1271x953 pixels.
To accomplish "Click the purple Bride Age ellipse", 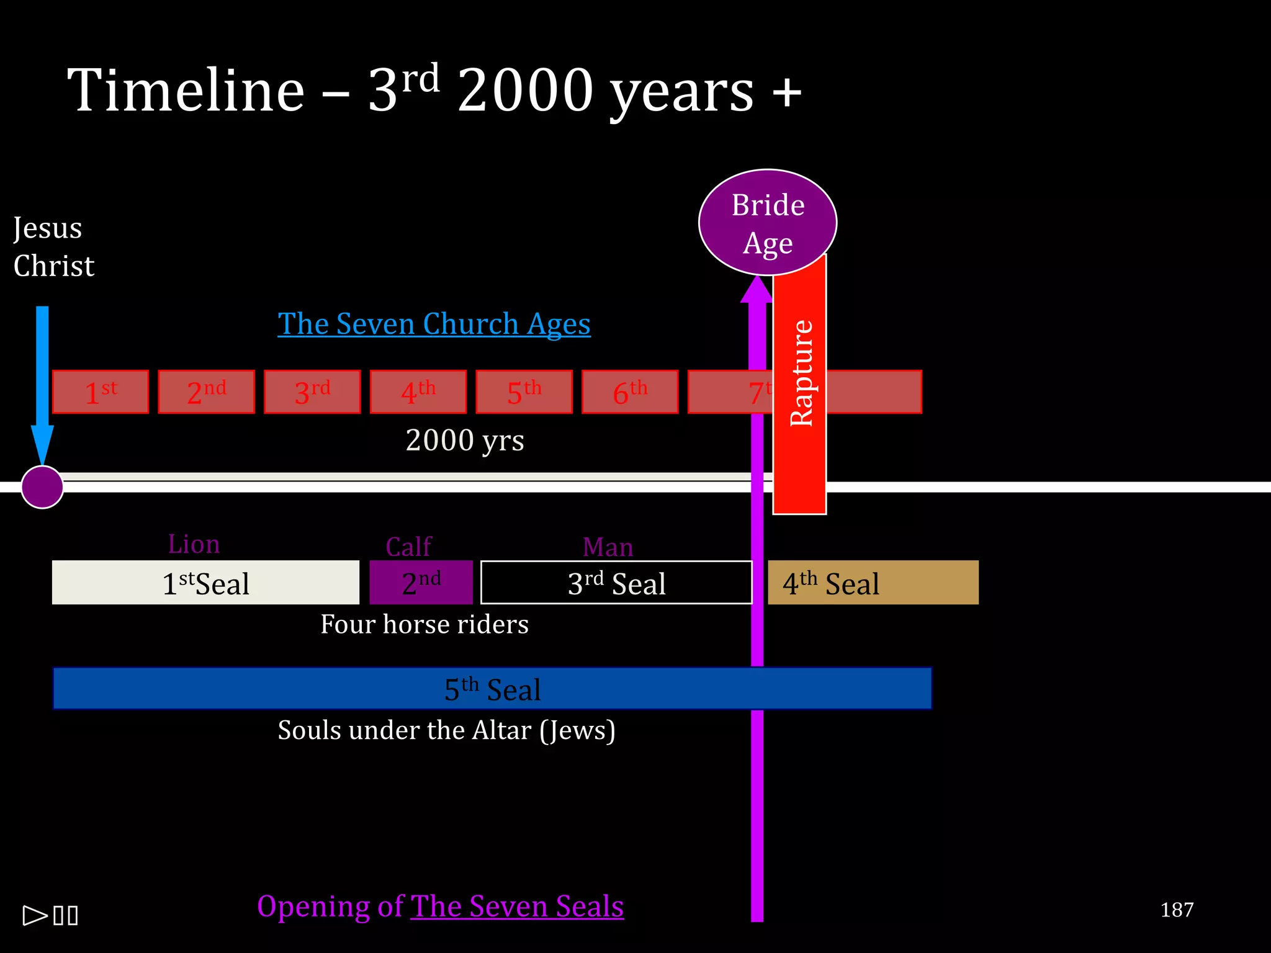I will coord(768,222).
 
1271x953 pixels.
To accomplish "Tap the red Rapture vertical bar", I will coord(799,385).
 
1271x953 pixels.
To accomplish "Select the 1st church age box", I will coord(101,392).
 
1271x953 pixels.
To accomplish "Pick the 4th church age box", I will coord(418,392).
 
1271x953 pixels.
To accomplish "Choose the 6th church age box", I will coord(630,392).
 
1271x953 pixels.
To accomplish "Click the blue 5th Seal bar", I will coord(492,689).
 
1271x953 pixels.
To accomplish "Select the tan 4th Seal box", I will coord(873,583).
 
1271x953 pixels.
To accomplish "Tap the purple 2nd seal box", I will coord(421,583).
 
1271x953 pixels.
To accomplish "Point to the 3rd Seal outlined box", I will coord(616,583).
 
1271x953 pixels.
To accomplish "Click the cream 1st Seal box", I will coord(205,583).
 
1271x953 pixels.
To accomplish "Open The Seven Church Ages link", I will coord(434,324).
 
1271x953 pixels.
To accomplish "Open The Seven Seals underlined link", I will coord(517,906).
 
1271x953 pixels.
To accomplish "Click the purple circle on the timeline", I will coord(42,487).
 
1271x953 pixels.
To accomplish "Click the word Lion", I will coord(194,544).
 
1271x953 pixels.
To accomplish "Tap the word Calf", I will coord(408,547).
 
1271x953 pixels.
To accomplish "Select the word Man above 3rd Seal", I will coord(608,547).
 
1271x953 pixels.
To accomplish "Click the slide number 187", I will coord(1177,910).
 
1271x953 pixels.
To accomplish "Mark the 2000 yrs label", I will coord(465,441).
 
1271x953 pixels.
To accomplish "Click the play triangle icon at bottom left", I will coord(35,915).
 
